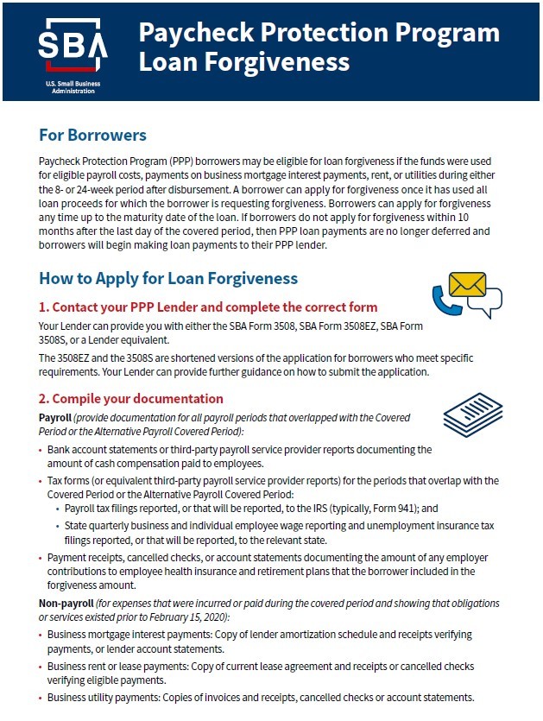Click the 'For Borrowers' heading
92,136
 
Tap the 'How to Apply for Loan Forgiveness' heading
168,278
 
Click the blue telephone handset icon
443,300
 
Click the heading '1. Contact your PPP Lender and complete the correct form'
208,307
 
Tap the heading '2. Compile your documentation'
131,399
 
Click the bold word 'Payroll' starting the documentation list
55,418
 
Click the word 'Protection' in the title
319,33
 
